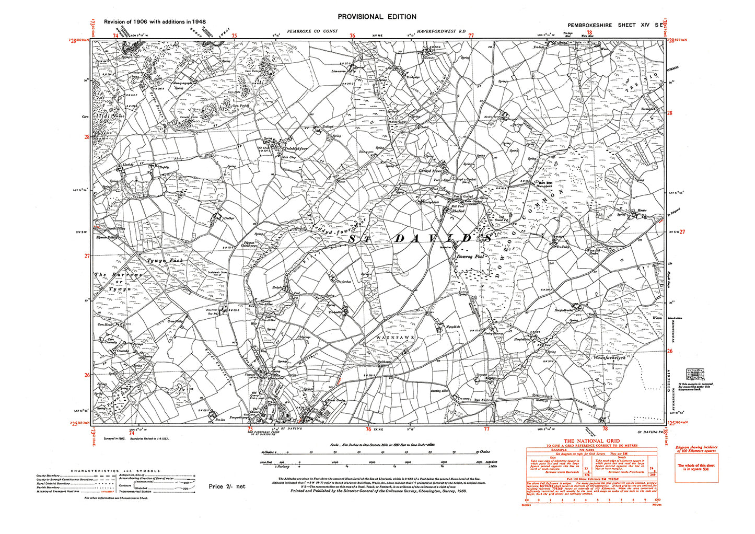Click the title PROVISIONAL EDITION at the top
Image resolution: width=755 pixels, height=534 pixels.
[x=377, y=17]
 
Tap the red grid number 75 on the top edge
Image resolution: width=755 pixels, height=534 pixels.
[x=234, y=36]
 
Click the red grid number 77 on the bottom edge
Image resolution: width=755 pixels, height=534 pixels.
[x=486, y=429]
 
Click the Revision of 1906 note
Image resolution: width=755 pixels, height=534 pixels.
[x=155, y=22]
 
